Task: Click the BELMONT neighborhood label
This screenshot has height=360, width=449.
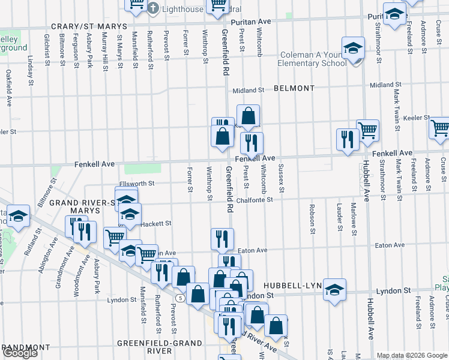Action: coord(294,88)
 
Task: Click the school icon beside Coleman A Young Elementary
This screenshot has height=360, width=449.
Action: coord(354,49)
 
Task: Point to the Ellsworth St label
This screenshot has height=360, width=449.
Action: coord(136,183)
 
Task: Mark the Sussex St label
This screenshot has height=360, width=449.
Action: coord(281,178)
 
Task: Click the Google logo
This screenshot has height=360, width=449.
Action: coord(20,353)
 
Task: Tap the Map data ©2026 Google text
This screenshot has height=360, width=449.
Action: coord(411,355)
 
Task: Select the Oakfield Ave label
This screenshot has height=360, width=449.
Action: coord(9,88)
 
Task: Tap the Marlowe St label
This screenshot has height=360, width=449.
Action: coord(354,220)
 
